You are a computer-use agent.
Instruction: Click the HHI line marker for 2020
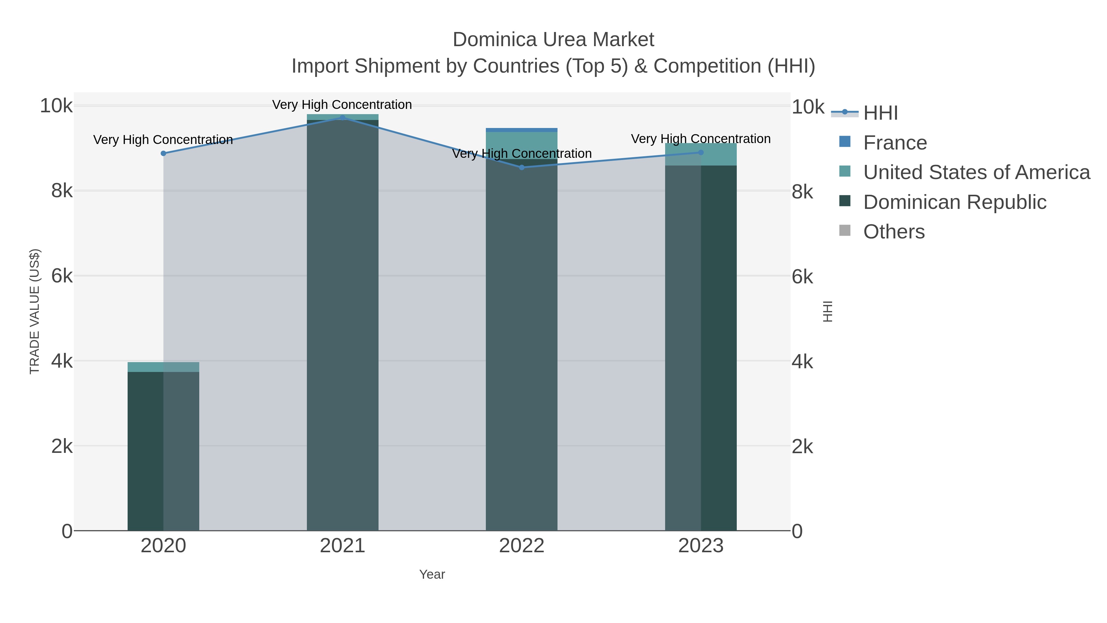tap(163, 154)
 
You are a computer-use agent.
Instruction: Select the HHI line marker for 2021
tap(343, 118)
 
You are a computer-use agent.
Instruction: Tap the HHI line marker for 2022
tap(522, 168)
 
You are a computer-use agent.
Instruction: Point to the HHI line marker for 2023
tap(701, 153)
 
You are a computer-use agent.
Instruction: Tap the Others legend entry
tap(894, 232)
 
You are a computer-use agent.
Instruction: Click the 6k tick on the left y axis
tap(62, 276)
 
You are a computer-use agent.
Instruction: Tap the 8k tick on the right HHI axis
tap(802, 192)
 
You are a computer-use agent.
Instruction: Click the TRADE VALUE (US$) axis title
tap(34, 311)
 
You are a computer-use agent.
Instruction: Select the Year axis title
tap(432, 574)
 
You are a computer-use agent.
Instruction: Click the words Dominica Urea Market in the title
tap(553, 40)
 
